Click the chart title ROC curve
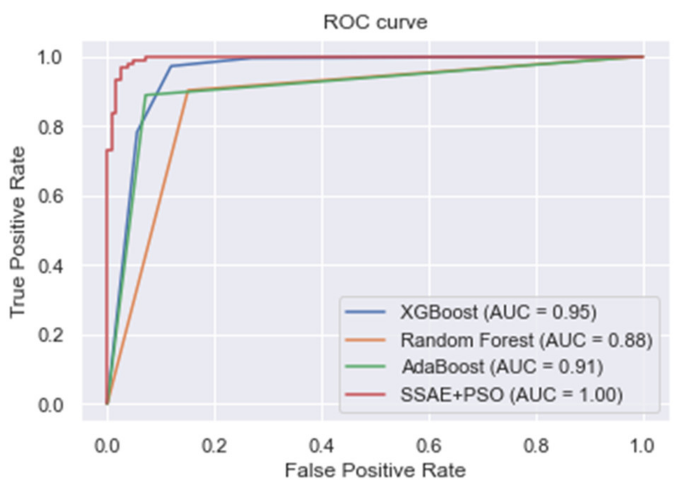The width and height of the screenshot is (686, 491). coord(375,22)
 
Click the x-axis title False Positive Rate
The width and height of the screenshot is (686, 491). coord(375,470)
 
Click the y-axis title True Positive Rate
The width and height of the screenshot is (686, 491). coord(18,232)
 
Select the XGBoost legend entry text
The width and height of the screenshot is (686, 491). coord(498,312)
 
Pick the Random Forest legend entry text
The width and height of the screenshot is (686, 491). coord(526,340)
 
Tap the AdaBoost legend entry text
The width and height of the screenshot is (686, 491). coord(502,366)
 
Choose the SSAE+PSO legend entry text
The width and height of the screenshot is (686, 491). coord(511,394)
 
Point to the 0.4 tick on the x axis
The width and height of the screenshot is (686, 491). coord(321,446)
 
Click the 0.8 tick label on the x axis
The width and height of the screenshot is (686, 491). coord(536,446)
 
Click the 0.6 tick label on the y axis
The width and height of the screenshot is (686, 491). coord(51,196)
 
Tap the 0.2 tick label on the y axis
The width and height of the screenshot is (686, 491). coord(51,335)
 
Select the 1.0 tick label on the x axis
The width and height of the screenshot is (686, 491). coord(643,446)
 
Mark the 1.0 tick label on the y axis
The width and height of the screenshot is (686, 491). coord(51,57)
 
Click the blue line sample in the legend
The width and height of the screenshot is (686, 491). coord(365,312)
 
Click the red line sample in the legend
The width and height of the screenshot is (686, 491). coord(365,394)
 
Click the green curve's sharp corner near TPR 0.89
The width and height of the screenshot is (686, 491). coord(145,95)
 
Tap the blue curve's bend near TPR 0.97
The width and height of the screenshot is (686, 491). coord(171,66)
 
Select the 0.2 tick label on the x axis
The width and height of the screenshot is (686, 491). coord(214,446)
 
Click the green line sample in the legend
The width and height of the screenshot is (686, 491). coord(365,366)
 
